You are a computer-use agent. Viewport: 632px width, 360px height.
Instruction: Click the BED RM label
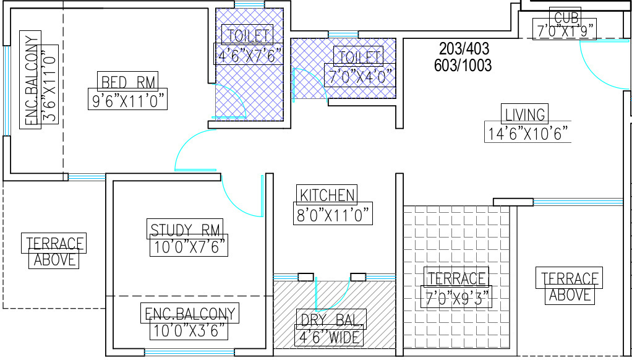point(128,81)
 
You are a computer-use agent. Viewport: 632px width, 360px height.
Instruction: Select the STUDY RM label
point(186,230)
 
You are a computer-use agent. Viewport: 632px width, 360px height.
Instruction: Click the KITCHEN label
point(327,195)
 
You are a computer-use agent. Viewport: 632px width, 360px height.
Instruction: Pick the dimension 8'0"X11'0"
point(333,214)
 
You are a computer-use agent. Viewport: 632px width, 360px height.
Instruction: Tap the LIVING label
point(525,114)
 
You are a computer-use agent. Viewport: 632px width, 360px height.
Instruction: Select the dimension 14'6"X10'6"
point(527,133)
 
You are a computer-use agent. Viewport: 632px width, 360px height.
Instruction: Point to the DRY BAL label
point(331,320)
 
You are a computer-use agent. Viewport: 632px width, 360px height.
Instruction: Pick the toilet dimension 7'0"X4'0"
point(359,76)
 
